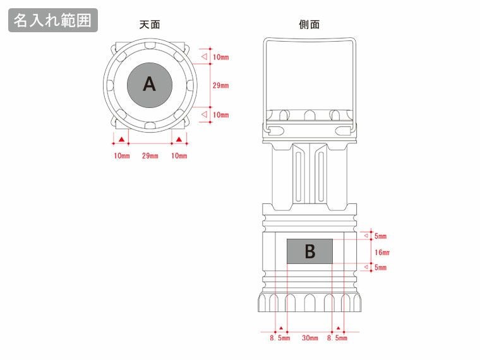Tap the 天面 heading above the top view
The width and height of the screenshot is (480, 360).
(150, 25)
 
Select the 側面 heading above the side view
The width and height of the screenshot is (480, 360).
(309, 25)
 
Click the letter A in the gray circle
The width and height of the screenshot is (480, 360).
(149, 84)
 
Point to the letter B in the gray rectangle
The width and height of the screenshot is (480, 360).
(309, 252)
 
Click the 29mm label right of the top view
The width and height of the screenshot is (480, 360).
(220, 86)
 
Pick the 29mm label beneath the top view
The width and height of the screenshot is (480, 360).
(150, 155)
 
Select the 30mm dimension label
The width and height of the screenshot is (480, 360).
(309, 339)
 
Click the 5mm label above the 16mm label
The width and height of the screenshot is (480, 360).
(380, 236)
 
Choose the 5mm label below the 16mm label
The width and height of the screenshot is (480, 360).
(380, 268)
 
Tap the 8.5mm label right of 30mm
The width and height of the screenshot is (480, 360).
(337, 339)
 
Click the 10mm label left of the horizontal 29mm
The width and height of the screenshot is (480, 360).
(122, 155)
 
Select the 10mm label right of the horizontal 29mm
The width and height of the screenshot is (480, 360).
(179, 155)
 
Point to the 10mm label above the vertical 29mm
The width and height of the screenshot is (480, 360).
(220, 57)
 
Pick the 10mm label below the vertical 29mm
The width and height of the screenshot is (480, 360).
(220, 115)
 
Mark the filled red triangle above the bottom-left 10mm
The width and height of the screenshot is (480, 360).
(121, 139)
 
